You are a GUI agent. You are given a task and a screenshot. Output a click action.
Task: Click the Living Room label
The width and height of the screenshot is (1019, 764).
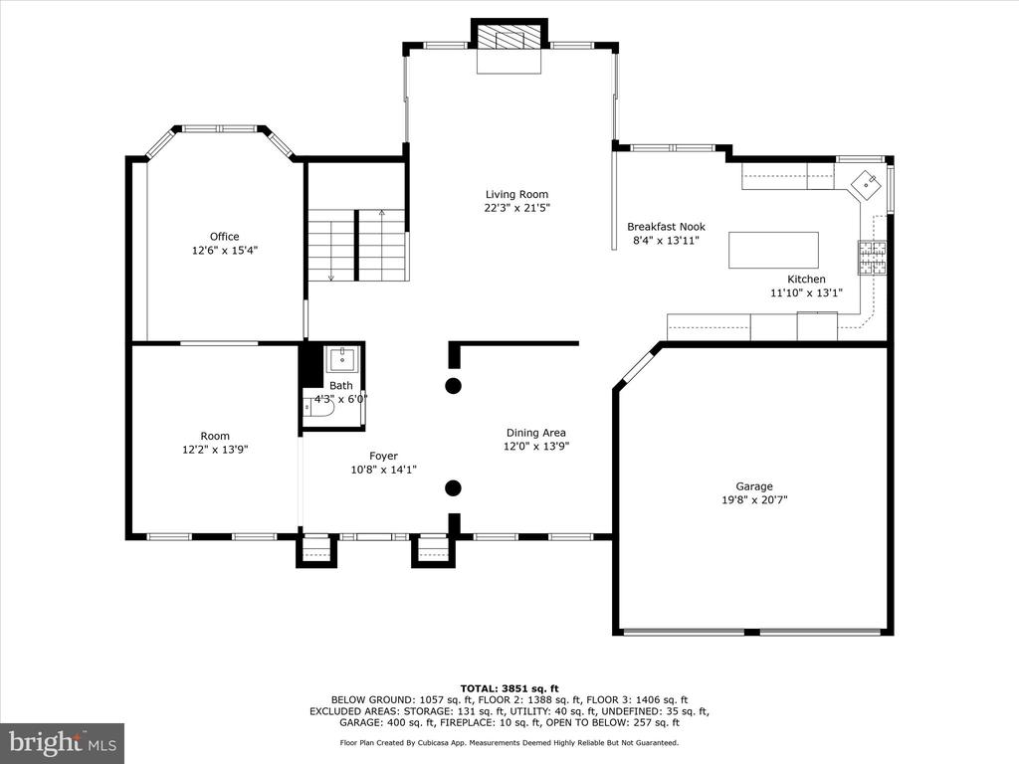click(516, 194)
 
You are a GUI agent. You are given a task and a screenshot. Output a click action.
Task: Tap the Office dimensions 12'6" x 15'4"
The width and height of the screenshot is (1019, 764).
click(225, 250)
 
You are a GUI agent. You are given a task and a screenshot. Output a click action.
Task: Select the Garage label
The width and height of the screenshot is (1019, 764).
click(754, 485)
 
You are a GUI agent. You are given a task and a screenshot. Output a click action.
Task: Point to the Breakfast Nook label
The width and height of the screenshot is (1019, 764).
click(666, 227)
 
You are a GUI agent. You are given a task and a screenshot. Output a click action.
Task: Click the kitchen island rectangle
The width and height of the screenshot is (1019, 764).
click(773, 250)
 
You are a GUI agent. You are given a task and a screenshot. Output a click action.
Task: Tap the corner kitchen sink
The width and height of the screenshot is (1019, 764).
click(867, 184)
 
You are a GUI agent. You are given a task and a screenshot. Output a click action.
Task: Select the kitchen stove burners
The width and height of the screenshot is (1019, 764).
click(873, 258)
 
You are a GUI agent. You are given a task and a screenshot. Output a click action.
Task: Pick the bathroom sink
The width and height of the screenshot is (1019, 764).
click(342, 359)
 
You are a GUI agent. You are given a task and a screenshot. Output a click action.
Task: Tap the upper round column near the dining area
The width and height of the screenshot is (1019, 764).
click(453, 385)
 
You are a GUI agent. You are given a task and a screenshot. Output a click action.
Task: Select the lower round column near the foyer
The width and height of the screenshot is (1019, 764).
click(453, 487)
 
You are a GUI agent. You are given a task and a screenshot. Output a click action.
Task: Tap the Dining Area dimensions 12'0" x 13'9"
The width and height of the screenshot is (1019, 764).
click(536, 447)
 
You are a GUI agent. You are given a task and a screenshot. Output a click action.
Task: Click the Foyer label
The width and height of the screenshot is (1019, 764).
click(383, 456)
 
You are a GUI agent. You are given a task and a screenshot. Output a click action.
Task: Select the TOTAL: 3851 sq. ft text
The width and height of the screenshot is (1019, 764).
click(509, 688)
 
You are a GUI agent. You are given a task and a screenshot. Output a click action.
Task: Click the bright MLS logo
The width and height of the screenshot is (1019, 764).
click(63, 742)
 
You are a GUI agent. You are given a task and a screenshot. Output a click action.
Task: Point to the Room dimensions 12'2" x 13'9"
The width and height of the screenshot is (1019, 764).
click(215, 449)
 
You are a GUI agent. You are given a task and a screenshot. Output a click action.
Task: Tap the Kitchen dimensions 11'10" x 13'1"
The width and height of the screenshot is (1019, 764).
click(806, 293)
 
